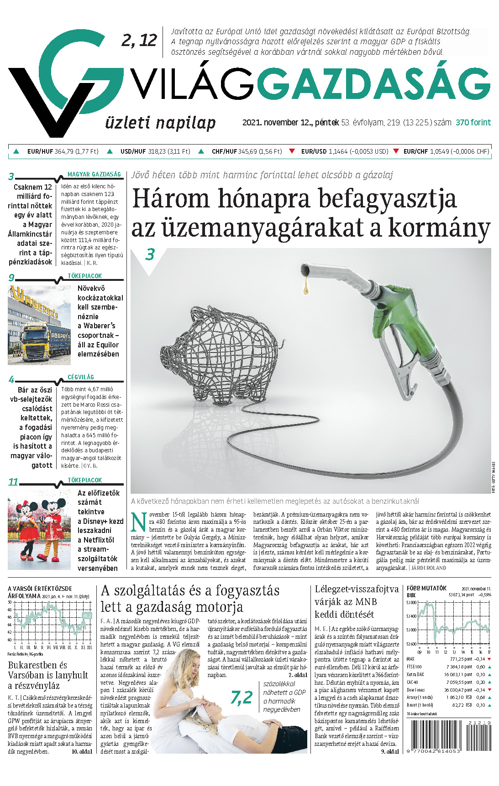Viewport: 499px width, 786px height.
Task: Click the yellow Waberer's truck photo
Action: pos(39,325)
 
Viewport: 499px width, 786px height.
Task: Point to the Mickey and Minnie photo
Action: pos(39,529)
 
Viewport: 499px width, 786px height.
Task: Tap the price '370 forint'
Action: pos(473,122)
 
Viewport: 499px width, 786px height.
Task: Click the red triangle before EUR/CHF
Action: pos(396,151)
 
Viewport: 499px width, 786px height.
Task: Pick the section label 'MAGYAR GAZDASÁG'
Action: pos(94,174)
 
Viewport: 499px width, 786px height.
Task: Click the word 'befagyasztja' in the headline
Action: pos(387,199)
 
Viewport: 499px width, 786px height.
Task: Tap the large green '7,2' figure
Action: pos(242,697)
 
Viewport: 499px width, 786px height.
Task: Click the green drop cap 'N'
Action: pos(139,522)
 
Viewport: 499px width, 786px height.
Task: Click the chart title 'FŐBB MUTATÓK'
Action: pos(426,588)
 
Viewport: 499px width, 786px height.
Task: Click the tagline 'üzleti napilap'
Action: pos(160,123)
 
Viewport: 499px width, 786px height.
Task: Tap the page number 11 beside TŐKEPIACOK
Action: pos(13,482)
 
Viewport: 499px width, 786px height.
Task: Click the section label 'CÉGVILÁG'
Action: pos(81,377)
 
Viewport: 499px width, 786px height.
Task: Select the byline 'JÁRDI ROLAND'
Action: pos(429,568)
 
